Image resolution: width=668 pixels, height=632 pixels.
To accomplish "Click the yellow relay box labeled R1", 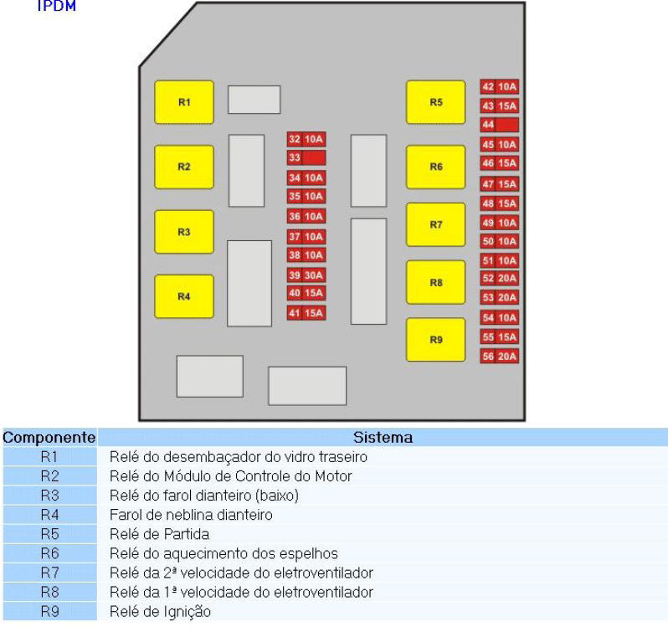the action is (184, 102).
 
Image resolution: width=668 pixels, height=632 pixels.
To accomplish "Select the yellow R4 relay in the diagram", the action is (184, 296).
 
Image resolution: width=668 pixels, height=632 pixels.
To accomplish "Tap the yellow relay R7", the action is (436, 224).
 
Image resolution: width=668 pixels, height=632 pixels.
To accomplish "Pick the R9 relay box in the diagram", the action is (436, 339).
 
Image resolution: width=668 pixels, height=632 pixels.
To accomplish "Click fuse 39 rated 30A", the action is (306, 275).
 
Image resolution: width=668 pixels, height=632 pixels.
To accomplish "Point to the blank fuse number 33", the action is (306, 157).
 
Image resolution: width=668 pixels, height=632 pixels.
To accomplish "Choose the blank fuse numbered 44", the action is (499, 125).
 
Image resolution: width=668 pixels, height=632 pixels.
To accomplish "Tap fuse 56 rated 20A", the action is (499, 356).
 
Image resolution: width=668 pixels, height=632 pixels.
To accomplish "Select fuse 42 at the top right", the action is (499, 87).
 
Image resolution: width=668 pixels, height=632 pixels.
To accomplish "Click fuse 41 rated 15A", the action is (306, 313).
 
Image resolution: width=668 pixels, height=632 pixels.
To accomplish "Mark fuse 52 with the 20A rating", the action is (499, 278).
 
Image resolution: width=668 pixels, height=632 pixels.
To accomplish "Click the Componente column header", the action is (49, 437).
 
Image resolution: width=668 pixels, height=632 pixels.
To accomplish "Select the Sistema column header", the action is (383, 437).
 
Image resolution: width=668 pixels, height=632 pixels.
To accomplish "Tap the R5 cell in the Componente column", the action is (50, 534).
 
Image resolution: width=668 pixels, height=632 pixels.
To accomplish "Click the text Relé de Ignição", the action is (160, 612).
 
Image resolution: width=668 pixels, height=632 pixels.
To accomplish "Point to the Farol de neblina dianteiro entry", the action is (191, 515).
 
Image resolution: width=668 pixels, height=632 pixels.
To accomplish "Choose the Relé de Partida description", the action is (159, 534).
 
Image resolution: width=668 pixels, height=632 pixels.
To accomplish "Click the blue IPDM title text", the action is (57, 6).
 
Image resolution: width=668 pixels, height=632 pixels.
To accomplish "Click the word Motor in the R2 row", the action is (333, 476).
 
